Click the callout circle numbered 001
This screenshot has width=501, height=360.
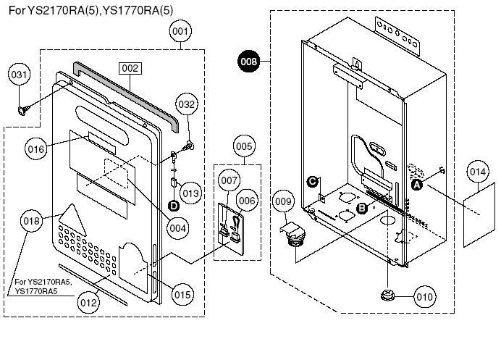180,31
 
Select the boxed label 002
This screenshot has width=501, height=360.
130,68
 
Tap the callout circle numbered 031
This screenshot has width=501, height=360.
19,75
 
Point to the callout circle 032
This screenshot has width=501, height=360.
187,104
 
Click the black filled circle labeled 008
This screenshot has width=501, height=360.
249,61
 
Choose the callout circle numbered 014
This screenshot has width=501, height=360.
478,172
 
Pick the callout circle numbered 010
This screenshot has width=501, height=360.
425,297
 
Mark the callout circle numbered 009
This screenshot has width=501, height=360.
283,201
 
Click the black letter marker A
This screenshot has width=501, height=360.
416,185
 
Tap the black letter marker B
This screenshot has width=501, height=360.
362,209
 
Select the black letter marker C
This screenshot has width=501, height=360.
312,182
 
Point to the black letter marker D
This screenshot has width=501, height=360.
174,206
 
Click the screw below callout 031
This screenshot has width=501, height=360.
23,110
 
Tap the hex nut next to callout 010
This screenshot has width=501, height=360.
387,296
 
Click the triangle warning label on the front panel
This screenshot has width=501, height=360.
72,220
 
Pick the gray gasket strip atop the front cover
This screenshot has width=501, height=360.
126,97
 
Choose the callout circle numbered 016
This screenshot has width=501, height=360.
36,149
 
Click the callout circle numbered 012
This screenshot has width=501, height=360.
88,303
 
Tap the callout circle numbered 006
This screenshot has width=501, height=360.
248,201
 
